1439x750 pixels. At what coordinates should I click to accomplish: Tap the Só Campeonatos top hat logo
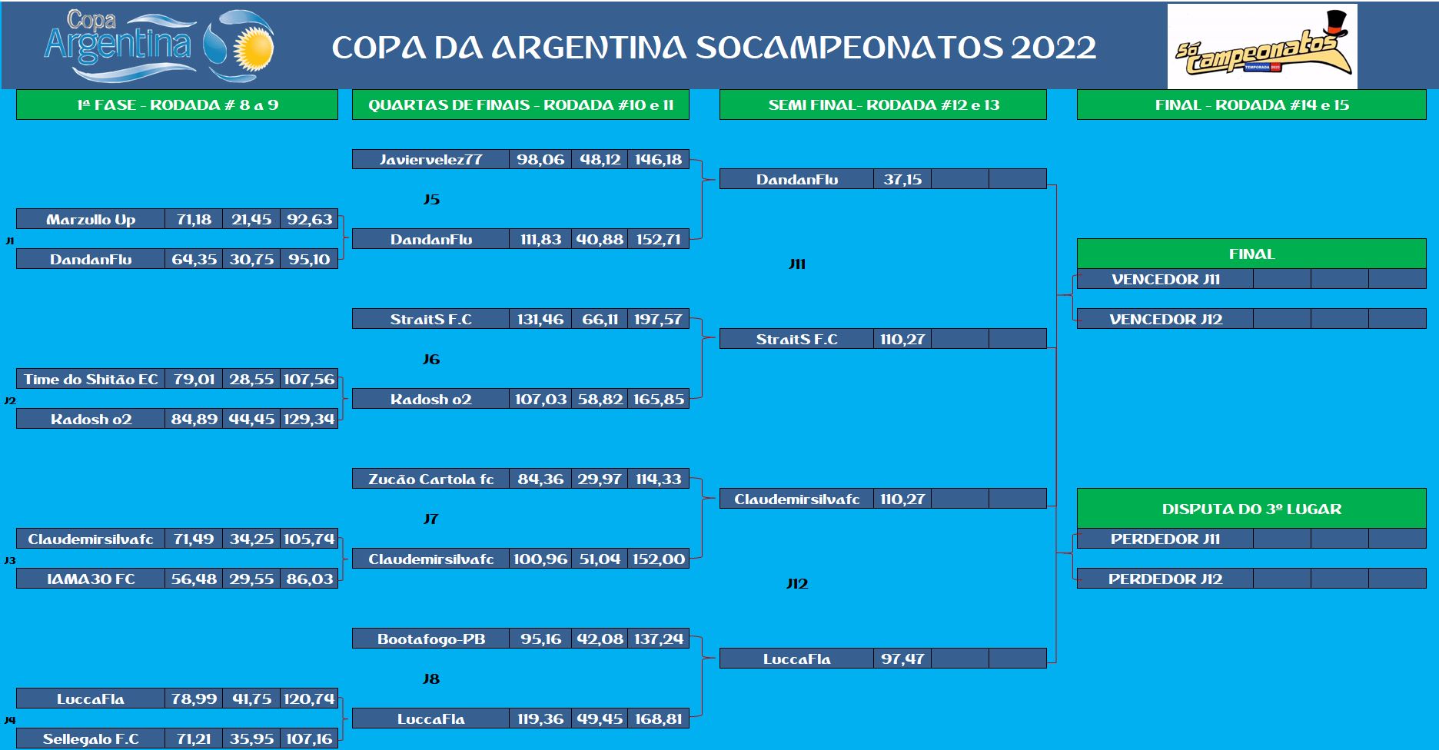pos(1262,46)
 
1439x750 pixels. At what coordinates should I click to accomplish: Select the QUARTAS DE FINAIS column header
pos(520,105)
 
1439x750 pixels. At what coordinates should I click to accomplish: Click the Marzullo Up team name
pos(91,220)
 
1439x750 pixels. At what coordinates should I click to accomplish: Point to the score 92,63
pos(309,220)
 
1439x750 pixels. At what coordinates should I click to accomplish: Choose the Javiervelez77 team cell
pos(430,160)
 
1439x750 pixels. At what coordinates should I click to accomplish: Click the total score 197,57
pos(658,319)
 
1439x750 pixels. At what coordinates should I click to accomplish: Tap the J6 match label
pos(431,359)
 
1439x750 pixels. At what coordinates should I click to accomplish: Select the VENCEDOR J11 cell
pos(1165,279)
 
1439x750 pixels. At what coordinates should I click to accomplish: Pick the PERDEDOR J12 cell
pos(1165,579)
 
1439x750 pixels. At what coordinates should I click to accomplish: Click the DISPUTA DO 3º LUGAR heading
pos(1251,509)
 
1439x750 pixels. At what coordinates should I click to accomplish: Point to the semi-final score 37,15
pos(902,179)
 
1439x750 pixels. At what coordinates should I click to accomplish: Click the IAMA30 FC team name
pos(91,579)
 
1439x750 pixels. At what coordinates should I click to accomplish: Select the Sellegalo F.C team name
pos(91,738)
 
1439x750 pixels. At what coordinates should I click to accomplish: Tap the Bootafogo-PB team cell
pos(430,639)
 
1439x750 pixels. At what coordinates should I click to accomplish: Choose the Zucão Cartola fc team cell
pos(430,479)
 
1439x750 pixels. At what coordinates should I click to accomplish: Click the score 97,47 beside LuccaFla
pos(902,659)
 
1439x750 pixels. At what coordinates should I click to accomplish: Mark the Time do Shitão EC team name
pos(91,379)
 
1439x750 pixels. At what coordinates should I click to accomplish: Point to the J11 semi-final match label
pos(797,264)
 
